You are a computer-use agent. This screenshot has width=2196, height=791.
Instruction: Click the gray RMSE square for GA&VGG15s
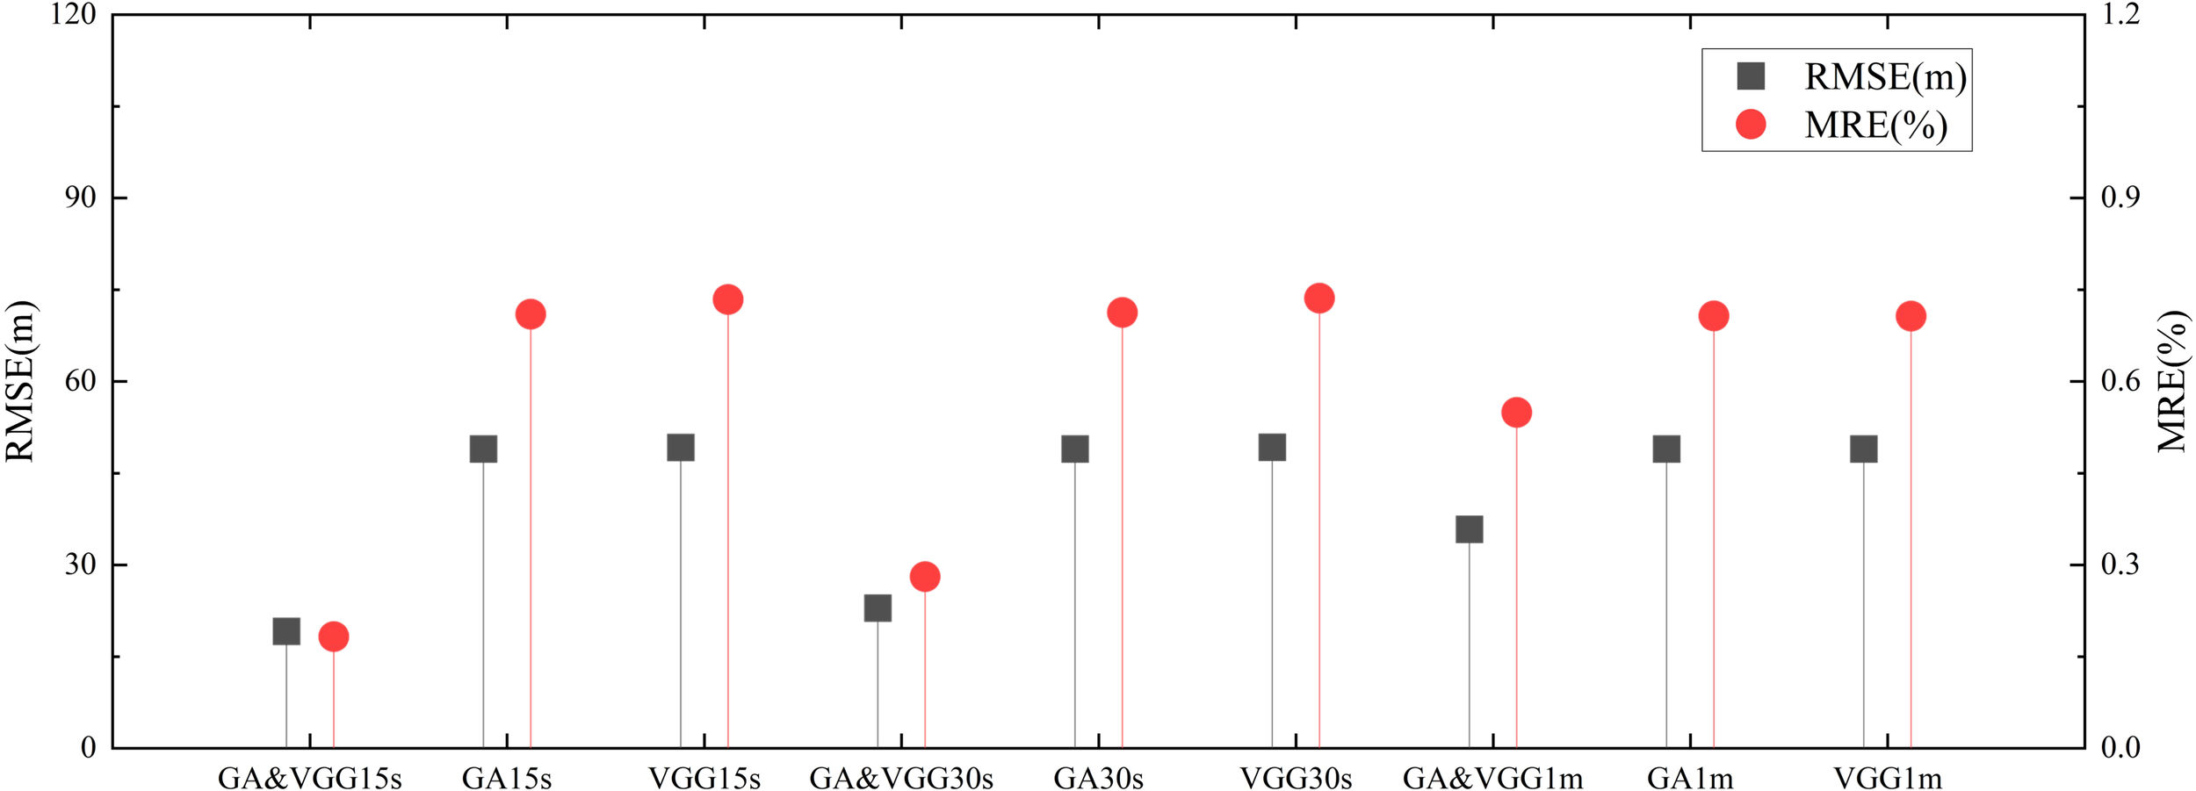pyautogui.click(x=286, y=630)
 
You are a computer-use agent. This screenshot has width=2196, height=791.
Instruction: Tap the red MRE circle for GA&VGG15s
pyautogui.click(x=334, y=636)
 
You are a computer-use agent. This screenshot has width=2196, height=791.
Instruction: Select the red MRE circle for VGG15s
pyautogui.click(x=728, y=299)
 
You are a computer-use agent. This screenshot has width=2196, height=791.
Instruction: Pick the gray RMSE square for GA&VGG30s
pyautogui.click(x=878, y=608)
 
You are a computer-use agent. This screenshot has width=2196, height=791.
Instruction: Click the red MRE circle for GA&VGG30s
pyautogui.click(x=925, y=577)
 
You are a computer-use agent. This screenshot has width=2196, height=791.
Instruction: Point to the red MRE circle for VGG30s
pyautogui.click(x=1319, y=298)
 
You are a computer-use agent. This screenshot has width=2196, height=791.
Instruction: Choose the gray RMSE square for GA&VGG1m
pyautogui.click(x=1470, y=529)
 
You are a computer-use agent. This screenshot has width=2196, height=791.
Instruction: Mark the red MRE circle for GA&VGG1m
pyautogui.click(x=1517, y=413)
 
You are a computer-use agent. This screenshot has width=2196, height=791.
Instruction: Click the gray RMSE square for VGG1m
pyautogui.click(x=1864, y=449)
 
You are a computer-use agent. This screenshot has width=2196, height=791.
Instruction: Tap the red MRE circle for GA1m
pyautogui.click(x=1714, y=316)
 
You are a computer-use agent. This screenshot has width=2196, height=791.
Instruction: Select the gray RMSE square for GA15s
pyautogui.click(x=483, y=449)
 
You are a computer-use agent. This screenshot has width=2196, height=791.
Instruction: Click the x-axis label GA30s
pyautogui.click(x=1098, y=779)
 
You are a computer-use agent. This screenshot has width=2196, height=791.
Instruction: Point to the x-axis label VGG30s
pyautogui.click(x=1296, y=779)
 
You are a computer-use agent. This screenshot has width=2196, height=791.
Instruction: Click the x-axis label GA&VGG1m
pyautogui.click(x=1492, y=779)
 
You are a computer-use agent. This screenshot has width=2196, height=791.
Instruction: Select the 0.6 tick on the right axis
pyautogui.click(x=2120, y=381)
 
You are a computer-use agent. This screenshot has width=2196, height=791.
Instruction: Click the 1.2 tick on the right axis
pyautogui.click(x=2120, y=14)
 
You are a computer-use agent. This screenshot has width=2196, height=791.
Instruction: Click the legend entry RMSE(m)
pyautogui.click(x=1885, y=77)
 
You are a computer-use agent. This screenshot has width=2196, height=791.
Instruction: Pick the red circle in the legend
pyautogui.click(x=1752, y=124)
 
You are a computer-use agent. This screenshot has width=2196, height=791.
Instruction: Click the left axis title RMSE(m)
pyautogui.click(x=21, y=381)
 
